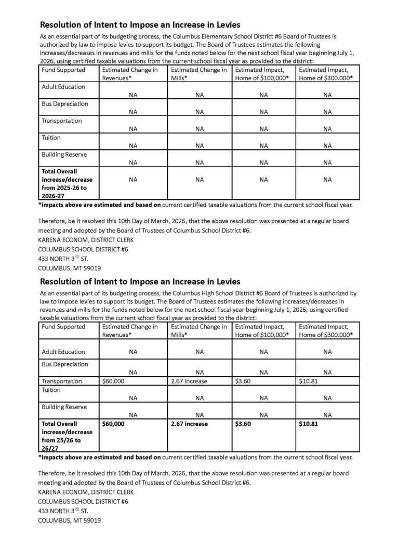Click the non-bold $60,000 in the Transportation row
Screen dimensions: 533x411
pos(113,381)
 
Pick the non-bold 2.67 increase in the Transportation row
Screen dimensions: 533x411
pos(189,381)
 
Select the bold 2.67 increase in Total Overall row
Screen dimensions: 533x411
pos(189,424)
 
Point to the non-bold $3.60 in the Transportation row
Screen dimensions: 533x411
pos(243,381)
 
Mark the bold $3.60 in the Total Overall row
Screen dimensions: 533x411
pos(243,424)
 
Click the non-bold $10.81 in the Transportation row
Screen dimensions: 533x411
pos(308,381)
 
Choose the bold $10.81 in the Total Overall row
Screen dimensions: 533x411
pos(308,424)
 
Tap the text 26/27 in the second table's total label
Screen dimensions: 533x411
pos(50,448)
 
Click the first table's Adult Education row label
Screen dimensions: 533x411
pos(63,87)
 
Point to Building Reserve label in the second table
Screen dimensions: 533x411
pos(64,407)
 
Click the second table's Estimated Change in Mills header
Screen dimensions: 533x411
pos(198,331)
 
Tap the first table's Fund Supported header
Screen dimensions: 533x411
pos(63,70)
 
